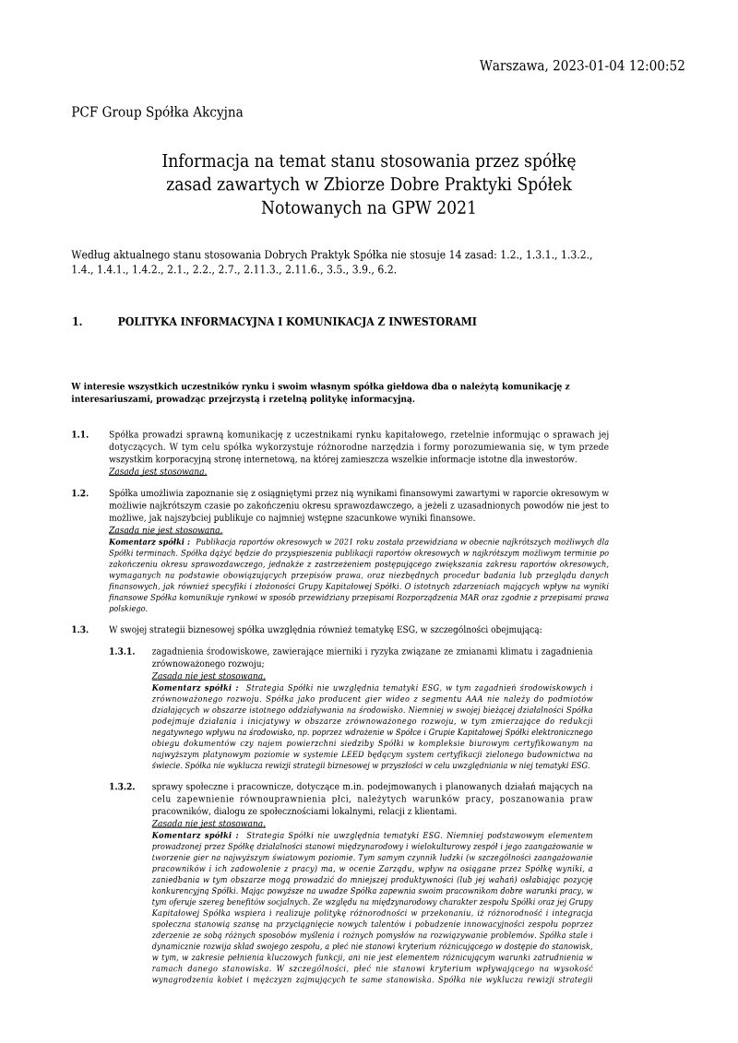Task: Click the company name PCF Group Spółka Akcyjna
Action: [157, 113]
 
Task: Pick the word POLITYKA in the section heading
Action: [153, 322]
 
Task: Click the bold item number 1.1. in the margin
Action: [80, 434]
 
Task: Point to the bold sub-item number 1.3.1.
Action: [122, 651]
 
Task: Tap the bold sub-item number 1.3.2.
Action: [122, 786]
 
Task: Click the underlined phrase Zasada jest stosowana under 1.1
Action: [158, 470]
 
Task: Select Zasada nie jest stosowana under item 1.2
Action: [165, 530]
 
